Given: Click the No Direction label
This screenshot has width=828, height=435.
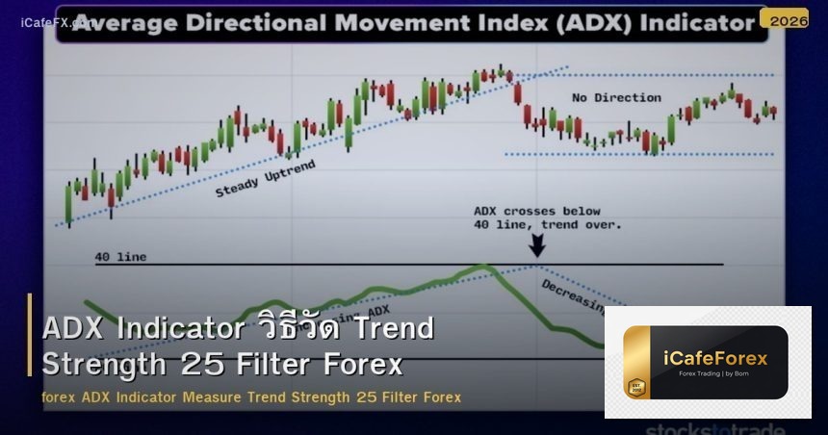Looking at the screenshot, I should point(615,97).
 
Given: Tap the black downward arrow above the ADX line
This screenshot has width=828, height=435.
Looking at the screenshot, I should point(537,245).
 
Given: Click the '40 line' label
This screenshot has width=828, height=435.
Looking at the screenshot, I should point(120,257).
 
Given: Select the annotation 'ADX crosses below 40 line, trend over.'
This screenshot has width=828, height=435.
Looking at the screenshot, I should point(547,217).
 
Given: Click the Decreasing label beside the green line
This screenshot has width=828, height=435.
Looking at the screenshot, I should point(573,296).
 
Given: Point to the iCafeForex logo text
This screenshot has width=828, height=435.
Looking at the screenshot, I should point(715,358).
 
